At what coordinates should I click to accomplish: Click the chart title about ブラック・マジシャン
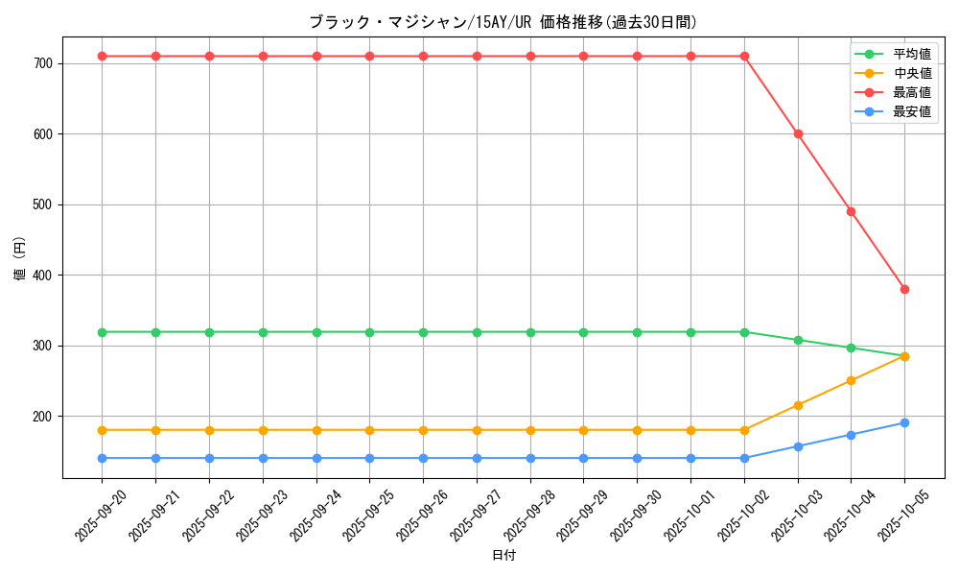click(503, 22)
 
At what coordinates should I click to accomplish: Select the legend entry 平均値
click(911, 54)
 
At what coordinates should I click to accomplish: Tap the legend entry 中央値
click(911, 73)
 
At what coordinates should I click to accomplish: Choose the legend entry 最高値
click(911, 92)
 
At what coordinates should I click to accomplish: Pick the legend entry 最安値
click(911, 111)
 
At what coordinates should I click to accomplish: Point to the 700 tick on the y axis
click(50, 63)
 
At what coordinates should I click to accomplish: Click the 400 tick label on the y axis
click(50, 276)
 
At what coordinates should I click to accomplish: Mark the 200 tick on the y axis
click(50, 417)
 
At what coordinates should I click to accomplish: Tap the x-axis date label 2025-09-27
click(477, 515)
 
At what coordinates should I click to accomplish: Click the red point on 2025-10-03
click(798, 133)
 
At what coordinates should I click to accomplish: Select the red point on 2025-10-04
click(851, 211)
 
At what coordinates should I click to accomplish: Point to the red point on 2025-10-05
click(904, 289)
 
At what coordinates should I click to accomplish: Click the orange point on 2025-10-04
click(851, 380)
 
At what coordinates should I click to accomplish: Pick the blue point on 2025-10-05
click(904, 422)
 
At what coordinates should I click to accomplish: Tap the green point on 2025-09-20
click(102, 332)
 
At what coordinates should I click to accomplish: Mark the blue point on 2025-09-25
click(369, 458)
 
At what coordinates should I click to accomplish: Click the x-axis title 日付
click(503, 556)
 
